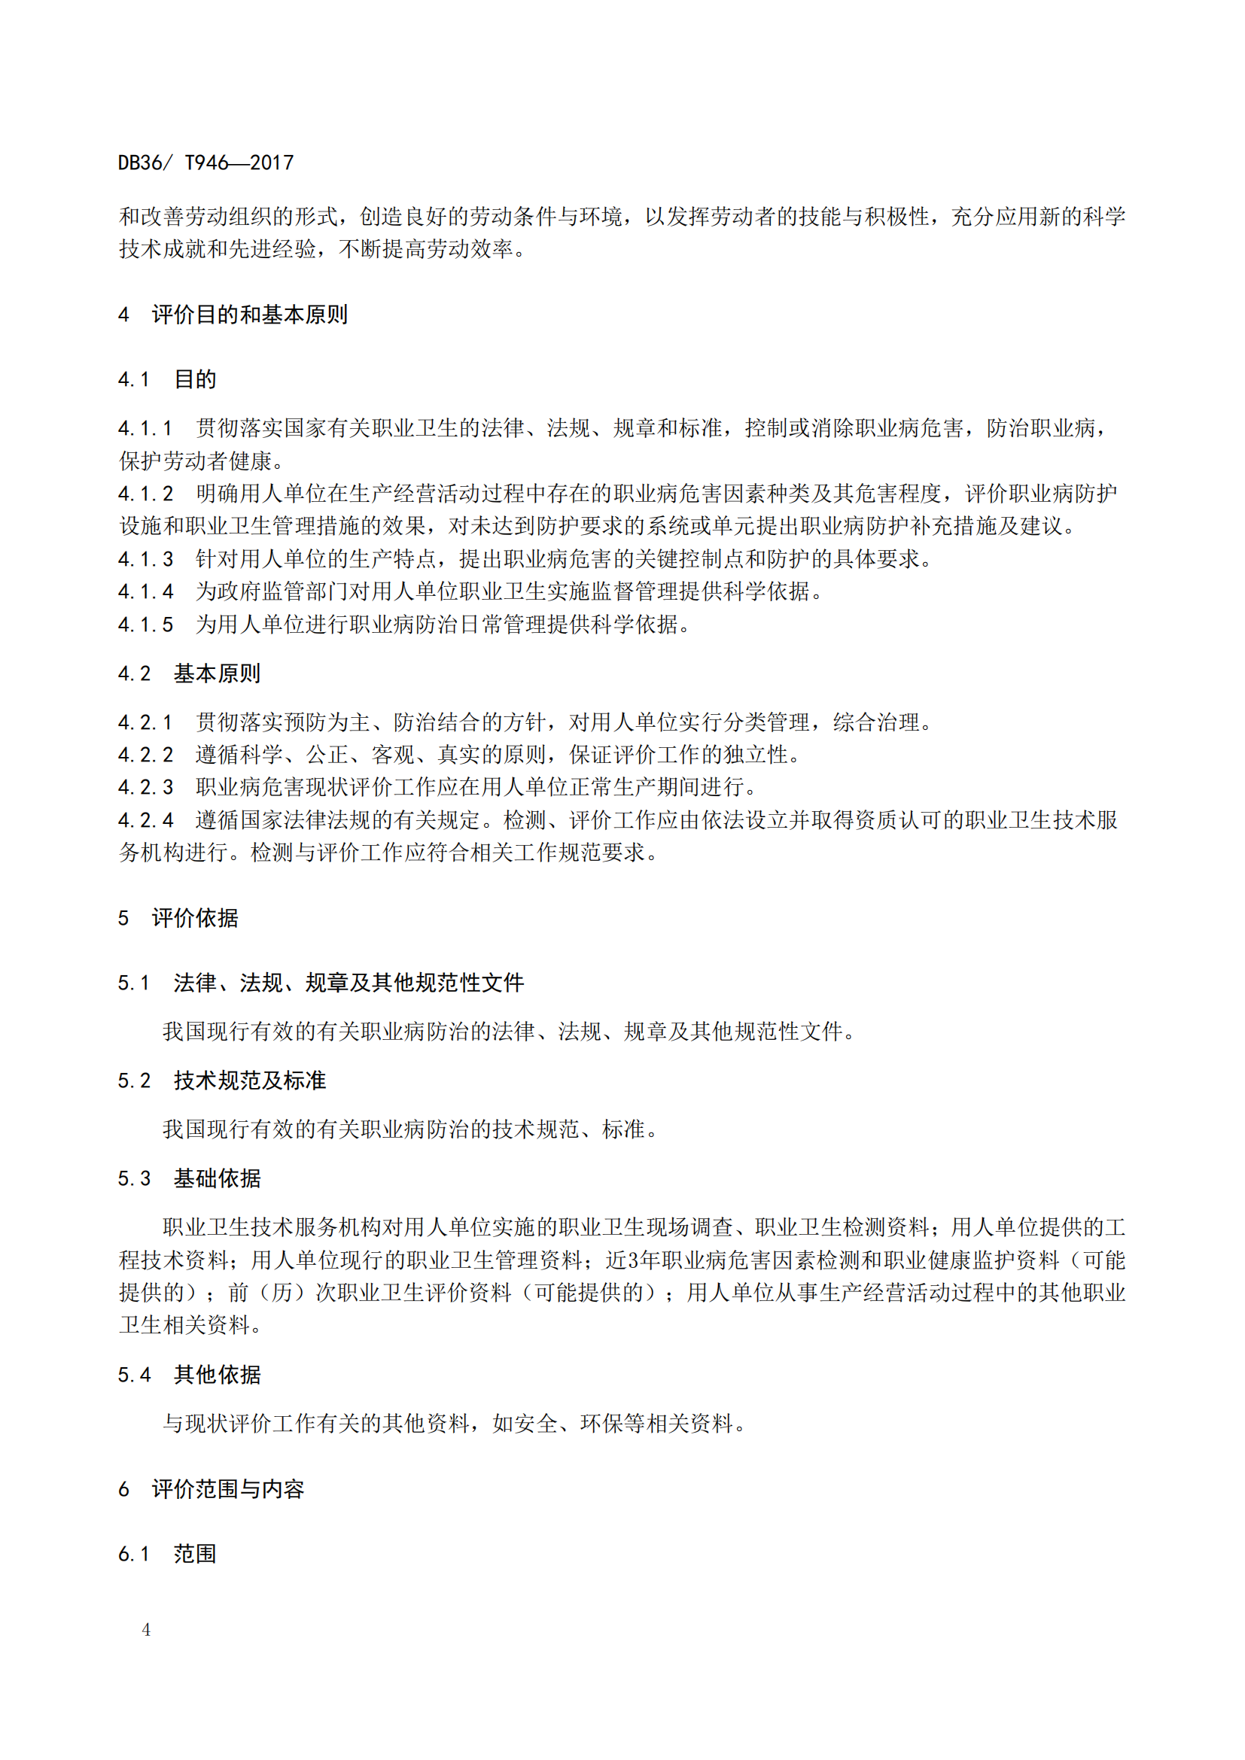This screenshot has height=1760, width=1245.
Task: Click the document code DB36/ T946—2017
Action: point(205,163)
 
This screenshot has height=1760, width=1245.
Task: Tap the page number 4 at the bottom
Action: point(147,1629)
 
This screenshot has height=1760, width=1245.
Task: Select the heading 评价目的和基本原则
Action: point(249,315)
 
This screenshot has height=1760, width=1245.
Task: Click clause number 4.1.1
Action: point(146,427)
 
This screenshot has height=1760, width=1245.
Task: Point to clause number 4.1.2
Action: point(146,494)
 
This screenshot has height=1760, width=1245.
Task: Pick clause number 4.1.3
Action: point(146,559)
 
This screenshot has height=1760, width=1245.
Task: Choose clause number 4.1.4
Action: point(146,591)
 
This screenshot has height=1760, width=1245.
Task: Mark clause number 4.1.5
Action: point(146,625)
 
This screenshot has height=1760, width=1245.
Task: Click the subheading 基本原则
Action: point(217,673)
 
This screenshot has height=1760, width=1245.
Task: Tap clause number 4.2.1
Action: point(146,722)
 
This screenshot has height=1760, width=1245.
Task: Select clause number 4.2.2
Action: point(146,755)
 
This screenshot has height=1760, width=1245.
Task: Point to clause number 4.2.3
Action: point(146,787)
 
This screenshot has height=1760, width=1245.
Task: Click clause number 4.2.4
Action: point(146,820)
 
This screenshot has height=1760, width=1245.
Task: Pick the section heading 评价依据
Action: point(195,917)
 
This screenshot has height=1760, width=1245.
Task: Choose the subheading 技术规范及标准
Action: point(250,1080)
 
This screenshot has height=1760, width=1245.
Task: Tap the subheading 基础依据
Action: point(217,1178)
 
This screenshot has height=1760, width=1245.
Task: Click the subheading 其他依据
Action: point(217,1375)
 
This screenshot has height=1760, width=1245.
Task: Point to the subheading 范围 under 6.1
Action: point(195,1554)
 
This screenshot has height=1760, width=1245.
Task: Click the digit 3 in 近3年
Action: point(633,1260)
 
